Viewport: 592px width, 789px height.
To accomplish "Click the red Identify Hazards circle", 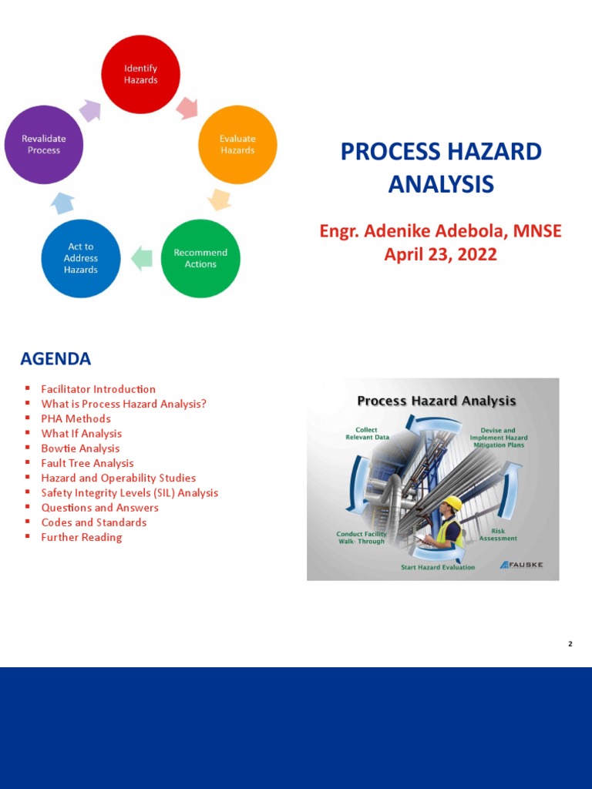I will (x=141, y=74).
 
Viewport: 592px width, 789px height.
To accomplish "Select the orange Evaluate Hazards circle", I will (x=237, y=144).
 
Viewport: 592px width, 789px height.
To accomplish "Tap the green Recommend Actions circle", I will (x=200, y=258).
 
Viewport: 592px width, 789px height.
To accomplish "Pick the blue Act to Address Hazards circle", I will (x=81, y=258).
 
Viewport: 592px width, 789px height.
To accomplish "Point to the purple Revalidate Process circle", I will (x=44, y=144).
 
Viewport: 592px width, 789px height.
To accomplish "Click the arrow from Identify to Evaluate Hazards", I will (x=187, y=108).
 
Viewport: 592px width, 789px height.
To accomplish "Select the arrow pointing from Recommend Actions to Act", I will (x=142, y=258).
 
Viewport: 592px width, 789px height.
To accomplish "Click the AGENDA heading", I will (x=55, y=359).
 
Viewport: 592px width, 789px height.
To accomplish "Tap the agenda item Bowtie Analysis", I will (x=80, y=448).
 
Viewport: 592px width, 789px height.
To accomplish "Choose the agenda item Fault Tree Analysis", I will (x=87, y=463).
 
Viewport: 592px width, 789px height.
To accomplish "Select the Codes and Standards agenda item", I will (x=93, y=522).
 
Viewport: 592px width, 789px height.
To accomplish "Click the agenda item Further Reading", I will (x=81, y=537).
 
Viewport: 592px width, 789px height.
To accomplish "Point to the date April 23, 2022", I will (x=440, y=254).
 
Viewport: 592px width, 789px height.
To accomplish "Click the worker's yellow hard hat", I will (x=452, y=503).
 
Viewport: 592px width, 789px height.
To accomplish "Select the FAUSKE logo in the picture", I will (x=522, y=565).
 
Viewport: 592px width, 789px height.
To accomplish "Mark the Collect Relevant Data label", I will (x=367, y=433).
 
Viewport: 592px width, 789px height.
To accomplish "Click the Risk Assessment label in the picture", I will (x=498, y=534).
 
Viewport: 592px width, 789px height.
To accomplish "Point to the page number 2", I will (x=570, y=643).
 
